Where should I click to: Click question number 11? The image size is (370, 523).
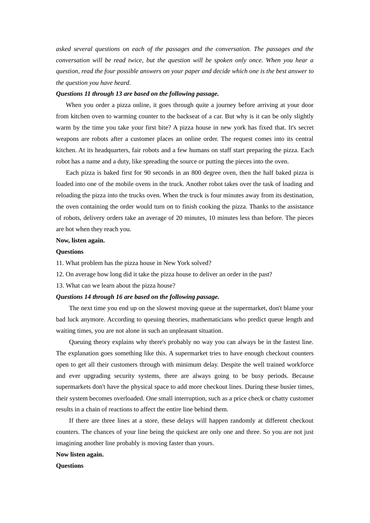pyautogui.click(x=60, y=263)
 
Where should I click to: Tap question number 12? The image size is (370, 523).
pyautogui.click(x=60, y=274)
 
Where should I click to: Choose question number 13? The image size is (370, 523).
pyautogui.click(x=60, y=286)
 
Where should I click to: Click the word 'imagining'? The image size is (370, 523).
pyautogui.click(x=69, y=443)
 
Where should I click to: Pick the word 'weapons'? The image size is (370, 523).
pyautogui.click(x=67, y=139)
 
